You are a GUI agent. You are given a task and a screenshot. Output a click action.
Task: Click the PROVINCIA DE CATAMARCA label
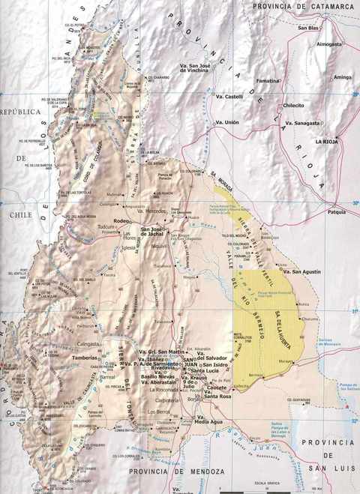click(303, 7)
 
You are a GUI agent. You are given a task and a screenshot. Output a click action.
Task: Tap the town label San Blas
click(308, 28)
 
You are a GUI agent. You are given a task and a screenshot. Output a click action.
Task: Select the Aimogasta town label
click(329, 44)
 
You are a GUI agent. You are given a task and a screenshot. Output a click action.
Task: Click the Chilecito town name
click(293, 106)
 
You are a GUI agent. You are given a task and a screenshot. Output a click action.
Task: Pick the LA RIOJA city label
click(328, 141)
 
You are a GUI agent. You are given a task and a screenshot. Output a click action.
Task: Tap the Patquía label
click(337, 212)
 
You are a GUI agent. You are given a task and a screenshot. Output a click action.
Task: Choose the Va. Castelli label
click(229, 97)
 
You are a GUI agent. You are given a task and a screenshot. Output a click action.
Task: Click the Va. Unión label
click(226, 122)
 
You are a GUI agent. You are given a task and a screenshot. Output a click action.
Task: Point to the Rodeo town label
click(121, 221)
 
